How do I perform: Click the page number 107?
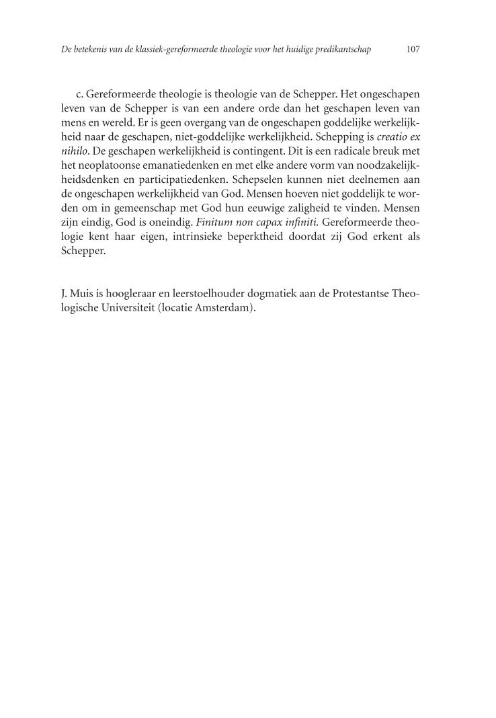pos(413,50)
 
